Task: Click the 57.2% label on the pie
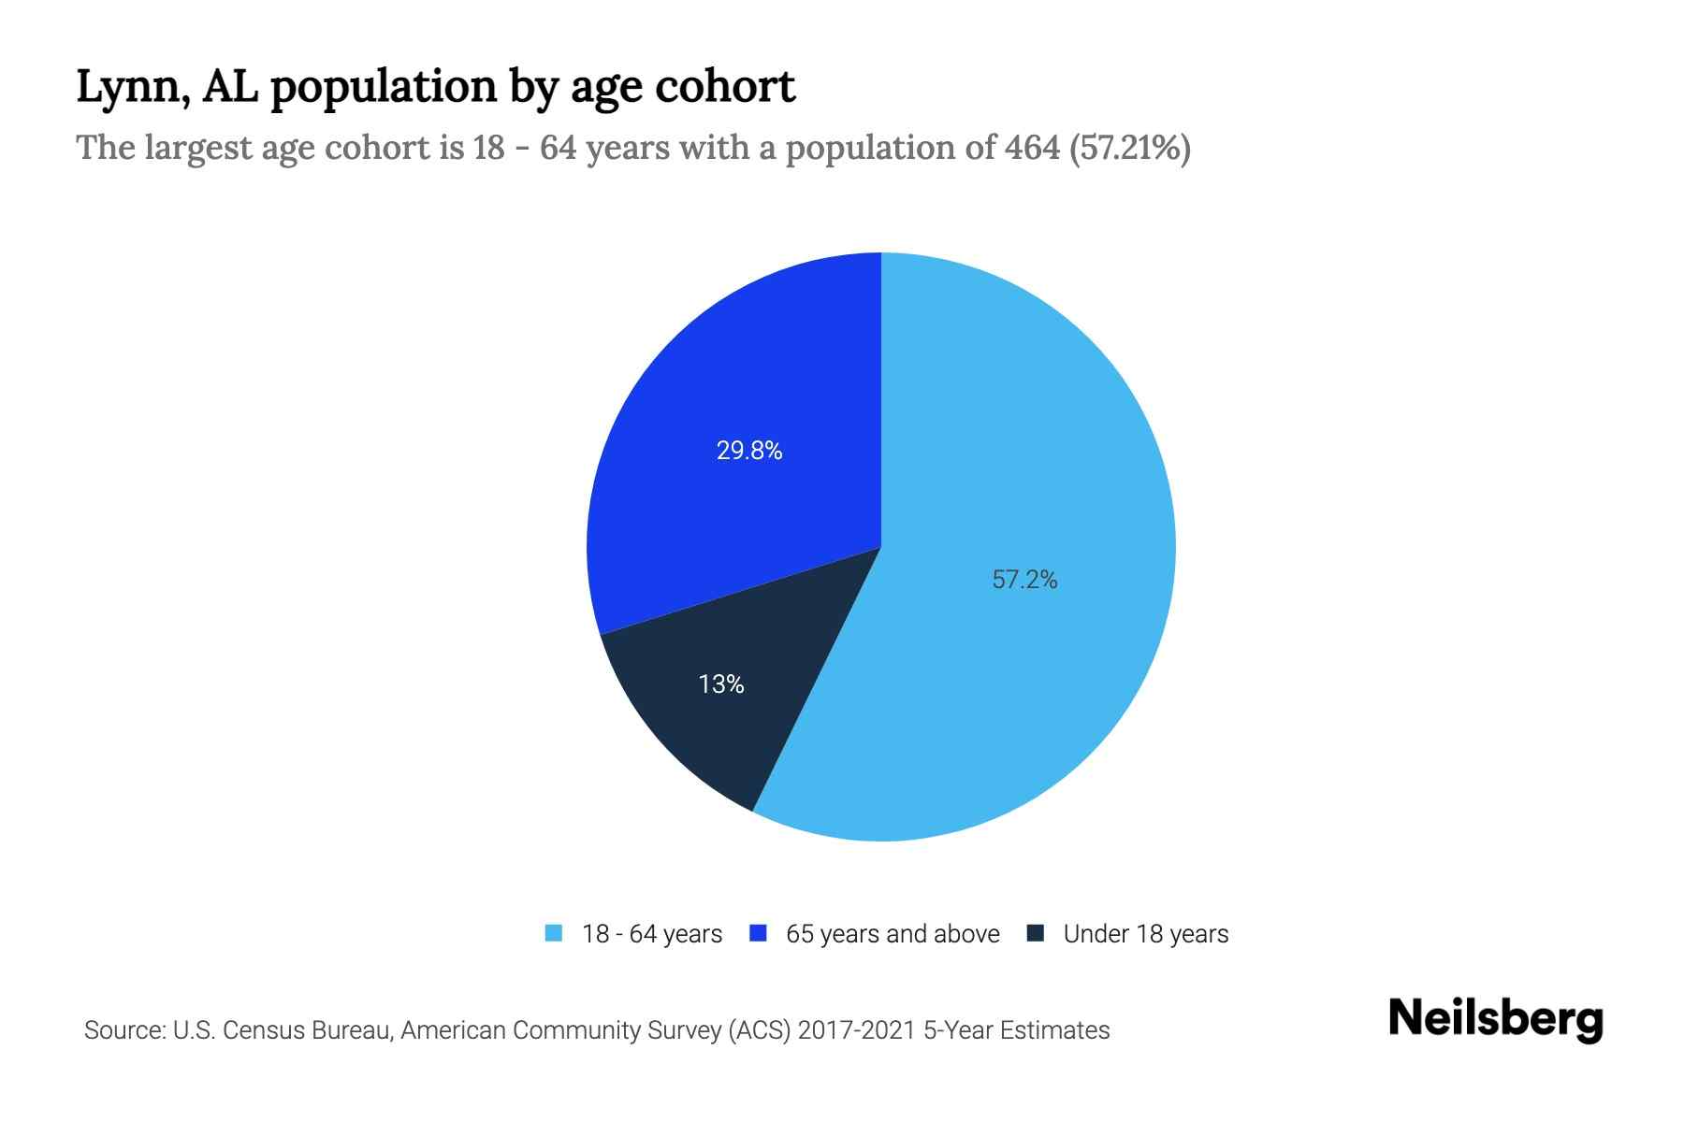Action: pyautogui.click(x=1024, y=580)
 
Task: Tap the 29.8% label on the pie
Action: pyautogui.click(x=749, y=451)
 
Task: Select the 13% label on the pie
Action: pyautogui.click(x=721, y=684)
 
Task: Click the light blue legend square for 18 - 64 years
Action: pyautogui.click(x=554, y=933)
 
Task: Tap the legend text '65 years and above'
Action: pyautogui.click(x=893, y=934)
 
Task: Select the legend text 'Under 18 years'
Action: pyautogui.click(x=1145, y=934)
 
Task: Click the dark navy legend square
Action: pyautogui.click(x=1035, y=933)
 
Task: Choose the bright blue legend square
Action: pyautogui.click(x=759, y=933)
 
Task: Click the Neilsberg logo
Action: pyautogui.click(x=1496, y=1019)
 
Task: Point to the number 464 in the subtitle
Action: pyautogui.click(x=1032, y=148)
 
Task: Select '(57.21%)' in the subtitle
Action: pyautogui.click(x=1129, y=148)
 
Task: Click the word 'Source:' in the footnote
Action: pyautogui.click(x=125, y=1030)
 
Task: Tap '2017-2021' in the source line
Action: pyautogui.click(x=856, y=1030)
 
